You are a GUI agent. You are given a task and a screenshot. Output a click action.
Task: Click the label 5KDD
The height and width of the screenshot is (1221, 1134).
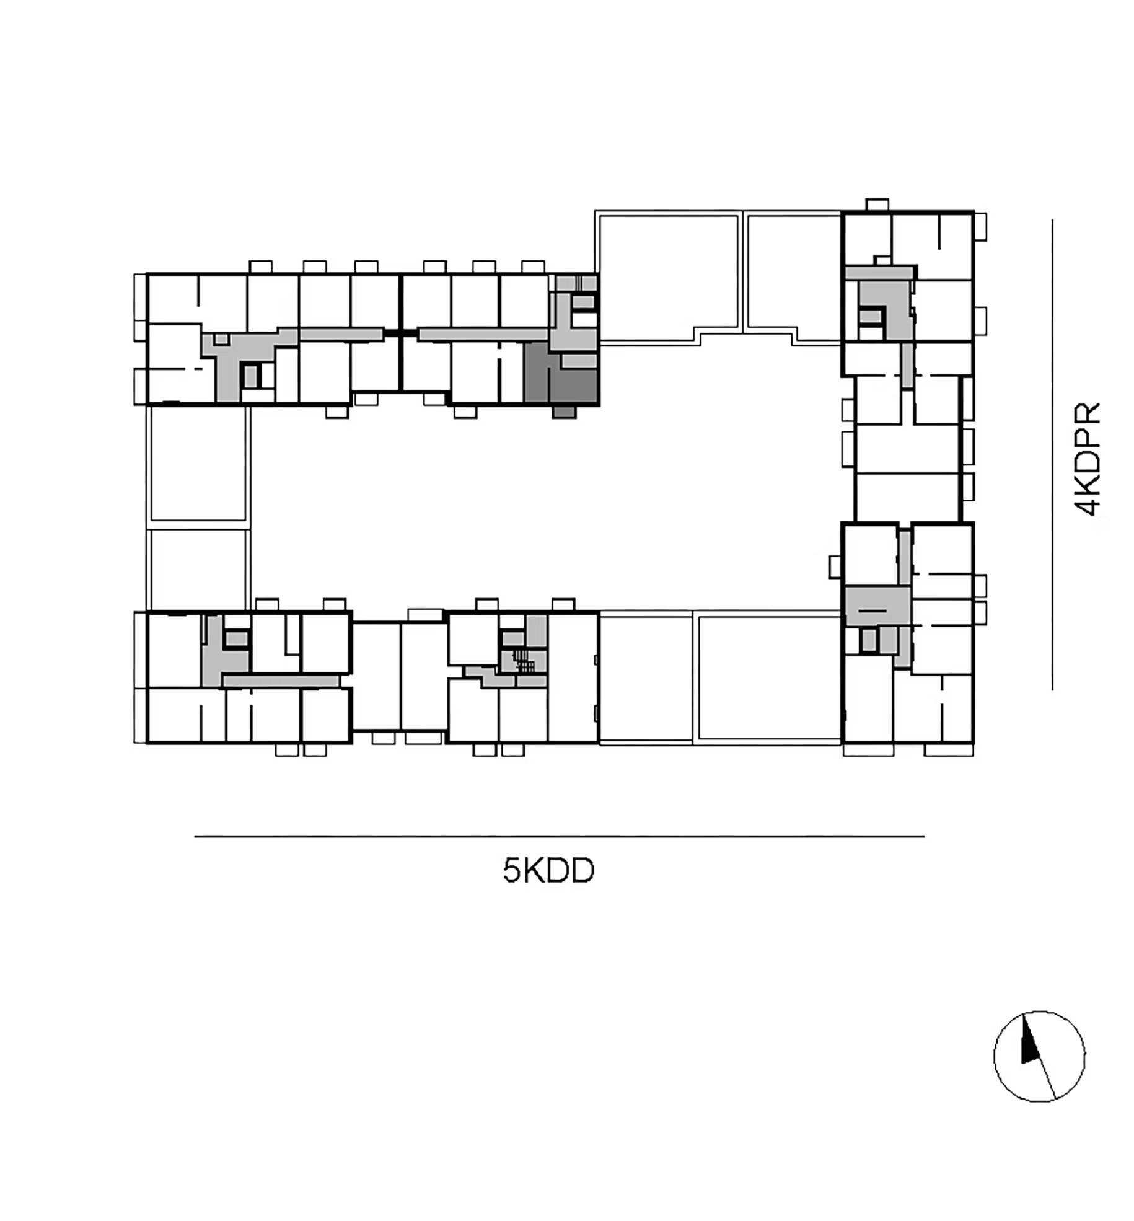548,870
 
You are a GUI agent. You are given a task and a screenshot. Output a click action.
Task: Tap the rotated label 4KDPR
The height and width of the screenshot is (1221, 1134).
1087,459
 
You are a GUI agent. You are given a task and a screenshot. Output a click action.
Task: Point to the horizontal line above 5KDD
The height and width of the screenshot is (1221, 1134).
560,837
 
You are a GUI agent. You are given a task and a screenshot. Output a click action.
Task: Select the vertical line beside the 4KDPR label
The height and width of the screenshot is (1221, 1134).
1052,454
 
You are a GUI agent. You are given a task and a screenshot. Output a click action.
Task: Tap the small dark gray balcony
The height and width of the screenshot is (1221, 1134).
563,412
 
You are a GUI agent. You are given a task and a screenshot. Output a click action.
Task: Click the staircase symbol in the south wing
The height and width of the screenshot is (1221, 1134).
524,662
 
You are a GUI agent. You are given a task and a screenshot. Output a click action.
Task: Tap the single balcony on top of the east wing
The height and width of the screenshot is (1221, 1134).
877,205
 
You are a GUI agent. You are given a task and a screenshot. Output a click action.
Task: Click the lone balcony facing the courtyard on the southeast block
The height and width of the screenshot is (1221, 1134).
835,567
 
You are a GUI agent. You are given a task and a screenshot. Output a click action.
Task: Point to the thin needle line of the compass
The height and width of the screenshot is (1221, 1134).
1039,1064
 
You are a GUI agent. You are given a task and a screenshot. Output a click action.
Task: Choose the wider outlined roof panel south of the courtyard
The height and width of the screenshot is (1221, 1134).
768,677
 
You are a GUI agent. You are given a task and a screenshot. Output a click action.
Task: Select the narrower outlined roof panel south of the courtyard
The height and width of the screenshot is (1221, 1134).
646,677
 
